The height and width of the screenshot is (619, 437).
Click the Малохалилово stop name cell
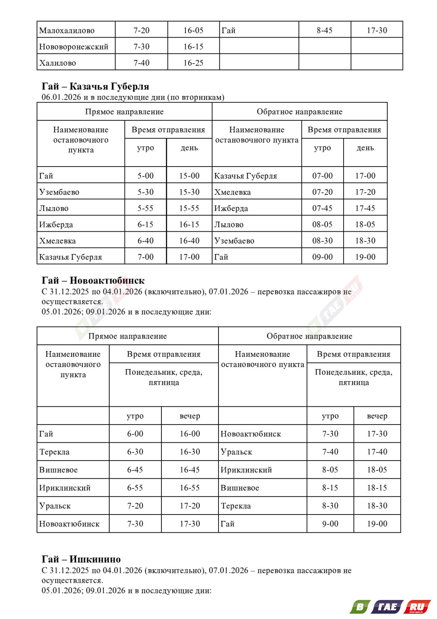point(67,30)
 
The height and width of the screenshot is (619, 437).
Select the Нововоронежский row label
point(74,47)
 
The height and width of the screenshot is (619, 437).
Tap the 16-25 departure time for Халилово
point(193,63)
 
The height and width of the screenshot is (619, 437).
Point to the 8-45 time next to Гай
point(325,30)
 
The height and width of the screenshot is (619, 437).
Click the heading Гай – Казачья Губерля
point(95,86)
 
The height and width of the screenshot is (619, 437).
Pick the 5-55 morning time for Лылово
point(145,208)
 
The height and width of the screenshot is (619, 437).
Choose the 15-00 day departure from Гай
point(189,176)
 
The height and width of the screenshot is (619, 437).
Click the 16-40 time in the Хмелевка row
point(189,241)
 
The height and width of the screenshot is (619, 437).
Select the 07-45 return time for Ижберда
point(322,208)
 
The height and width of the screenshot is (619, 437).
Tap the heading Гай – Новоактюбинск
point(93,280)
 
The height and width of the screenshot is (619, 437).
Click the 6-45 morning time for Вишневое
point(135,470)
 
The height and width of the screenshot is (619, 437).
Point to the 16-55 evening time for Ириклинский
point(190,488)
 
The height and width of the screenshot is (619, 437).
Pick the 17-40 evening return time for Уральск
point(377,452)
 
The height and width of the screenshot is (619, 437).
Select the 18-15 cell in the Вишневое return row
point(377,488)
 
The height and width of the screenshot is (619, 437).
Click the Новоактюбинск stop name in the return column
point(251,434)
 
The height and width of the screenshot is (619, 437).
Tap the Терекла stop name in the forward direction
point(54,452)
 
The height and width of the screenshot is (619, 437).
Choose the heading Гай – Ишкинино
point(81,559)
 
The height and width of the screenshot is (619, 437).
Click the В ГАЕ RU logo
point(390,606)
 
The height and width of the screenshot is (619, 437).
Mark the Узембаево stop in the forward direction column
point(59,192)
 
